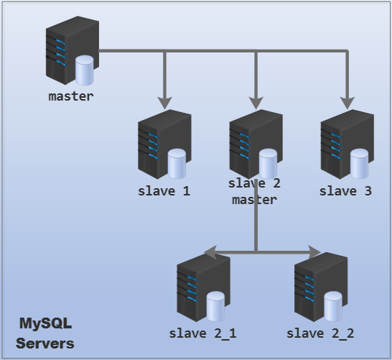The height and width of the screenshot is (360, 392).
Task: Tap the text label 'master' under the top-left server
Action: (x=70, y=96)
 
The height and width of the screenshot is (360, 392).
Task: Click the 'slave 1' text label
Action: (x=164, y=191)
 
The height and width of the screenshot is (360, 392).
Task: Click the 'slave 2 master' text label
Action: (x=254, y=192)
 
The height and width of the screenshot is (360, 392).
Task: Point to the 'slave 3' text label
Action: (x=345, y=191)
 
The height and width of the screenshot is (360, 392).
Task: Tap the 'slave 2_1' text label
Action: (x=202, y=333)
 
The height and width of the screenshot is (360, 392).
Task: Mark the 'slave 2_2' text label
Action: (x=320, y=333)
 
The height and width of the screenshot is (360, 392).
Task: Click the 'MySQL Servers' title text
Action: (x=45, y=333)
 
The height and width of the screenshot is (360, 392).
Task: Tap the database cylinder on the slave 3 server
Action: (x=359, y=163)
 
